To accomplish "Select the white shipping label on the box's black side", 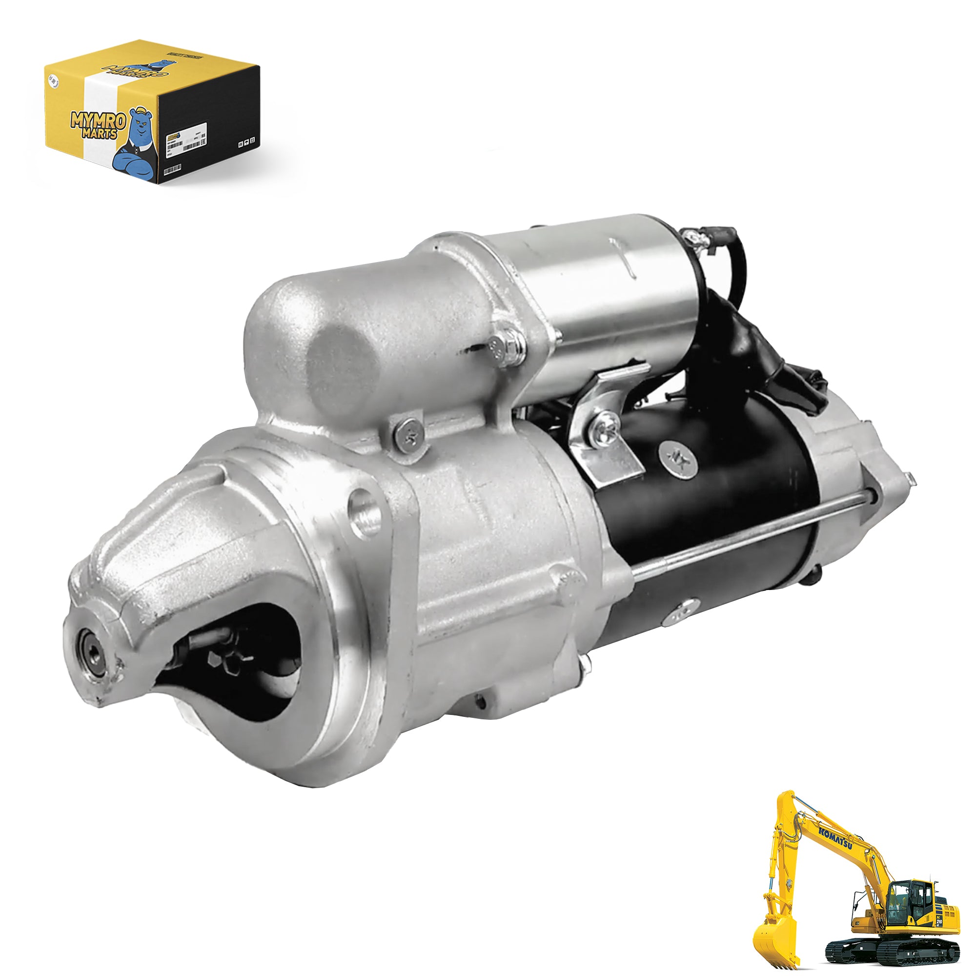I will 186,135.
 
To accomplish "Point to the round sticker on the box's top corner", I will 52,81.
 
